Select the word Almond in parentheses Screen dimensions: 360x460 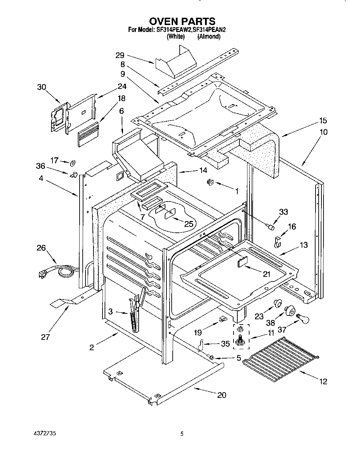tap(209, 36)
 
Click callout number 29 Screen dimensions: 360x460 tap(120, 55)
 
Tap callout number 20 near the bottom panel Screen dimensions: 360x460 tap(222, 395)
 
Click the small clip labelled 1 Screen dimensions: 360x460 tap(210, 181)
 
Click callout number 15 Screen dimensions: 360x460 tap(323, 121)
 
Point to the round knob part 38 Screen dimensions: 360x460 tap(289, 310)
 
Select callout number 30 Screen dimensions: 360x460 tap(42, 87)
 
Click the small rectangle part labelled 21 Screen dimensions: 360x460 tap(243, 261)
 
